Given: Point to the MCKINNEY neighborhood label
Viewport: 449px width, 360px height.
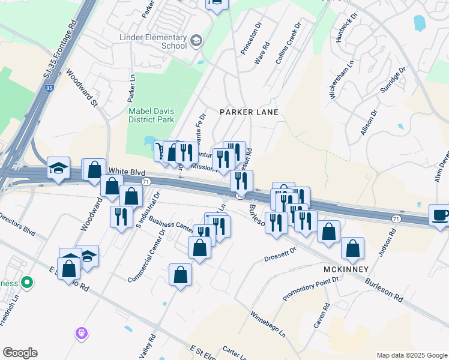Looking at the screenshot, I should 345,269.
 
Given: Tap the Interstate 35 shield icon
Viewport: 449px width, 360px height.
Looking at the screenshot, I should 50,88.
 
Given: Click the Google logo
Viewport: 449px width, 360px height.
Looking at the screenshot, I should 20,353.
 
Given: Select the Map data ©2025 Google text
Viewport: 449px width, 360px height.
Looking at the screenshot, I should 411,355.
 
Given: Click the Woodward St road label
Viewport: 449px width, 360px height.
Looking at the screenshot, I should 82,88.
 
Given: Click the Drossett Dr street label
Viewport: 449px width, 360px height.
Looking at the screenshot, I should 281,255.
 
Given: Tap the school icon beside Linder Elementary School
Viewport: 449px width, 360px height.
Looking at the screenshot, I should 195,41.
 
